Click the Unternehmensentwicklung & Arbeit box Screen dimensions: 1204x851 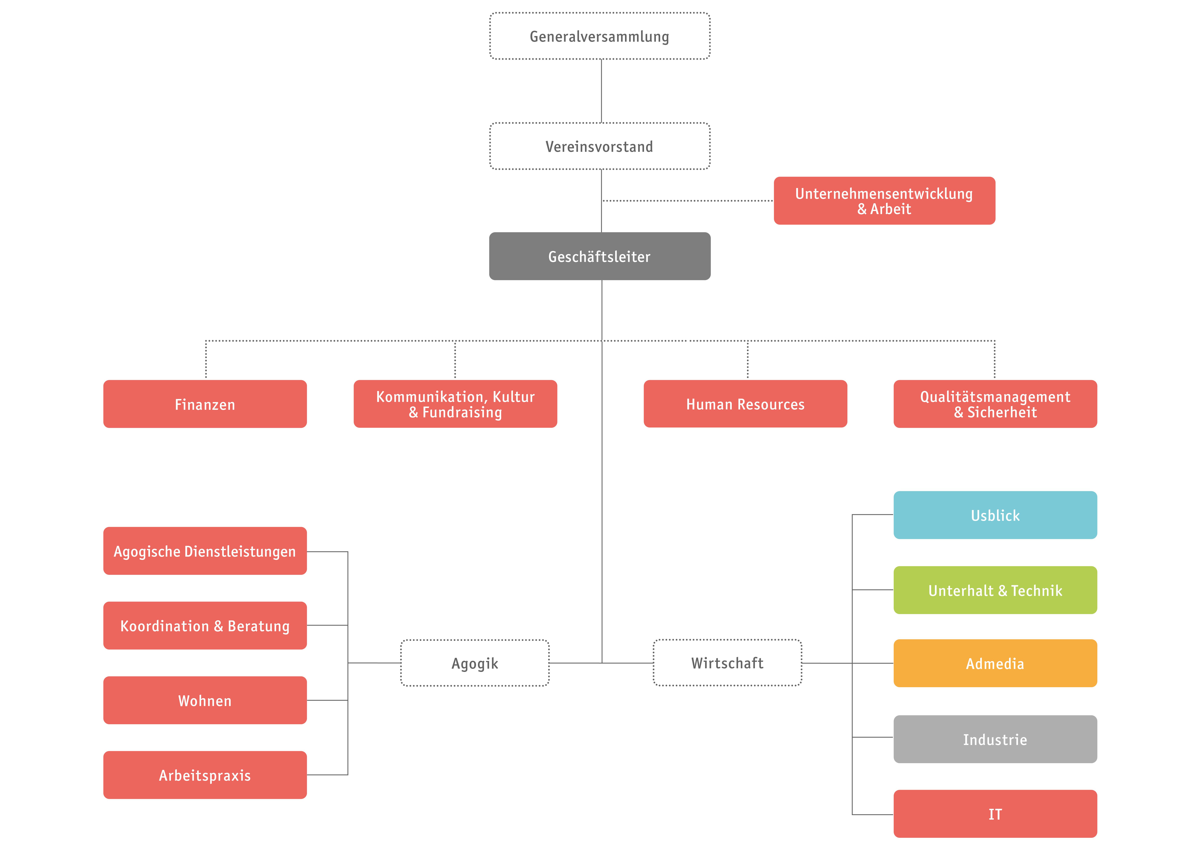(x=884, y=201)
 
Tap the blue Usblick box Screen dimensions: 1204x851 (x=995, y=515)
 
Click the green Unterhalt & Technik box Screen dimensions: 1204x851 (x=995, y=590)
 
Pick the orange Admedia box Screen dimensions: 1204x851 (x=995, y=663)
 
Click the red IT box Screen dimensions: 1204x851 (x=995, y=814)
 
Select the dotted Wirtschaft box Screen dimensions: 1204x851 (x=727, y=663)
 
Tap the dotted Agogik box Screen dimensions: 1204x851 (x=474, y=663)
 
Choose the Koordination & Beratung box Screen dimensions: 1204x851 (x=205, y=626)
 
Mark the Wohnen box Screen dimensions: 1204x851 (x=205, y=701)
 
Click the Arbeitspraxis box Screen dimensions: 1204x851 (x=205, y=775)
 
